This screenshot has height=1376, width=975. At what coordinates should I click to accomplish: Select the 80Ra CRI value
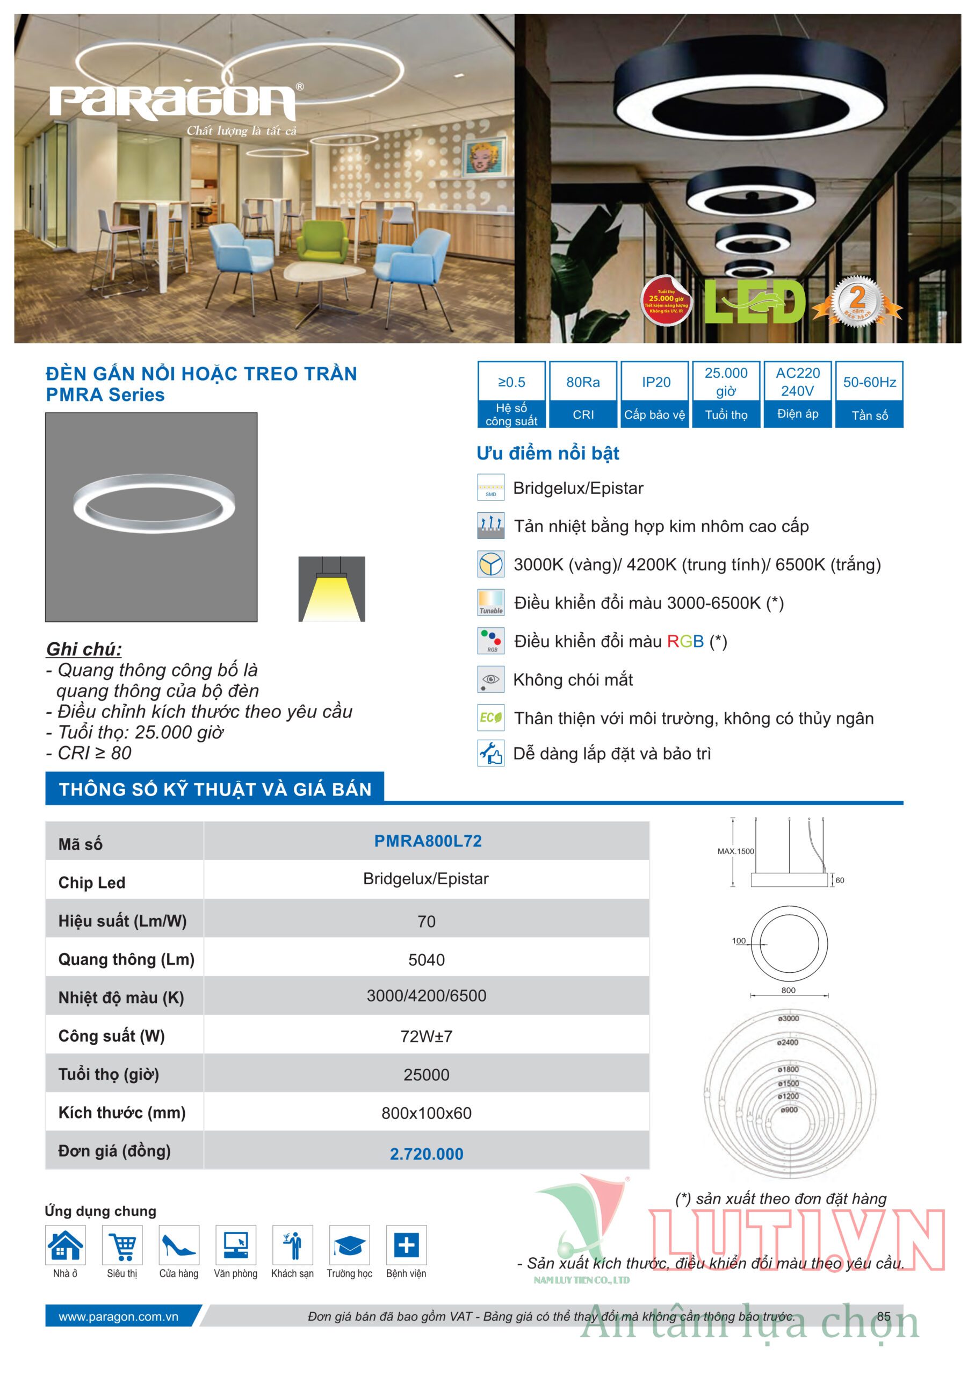pyautogui.click(x=582, y=382)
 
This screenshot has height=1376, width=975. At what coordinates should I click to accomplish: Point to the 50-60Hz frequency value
pyautogui.click(x=869, y=382)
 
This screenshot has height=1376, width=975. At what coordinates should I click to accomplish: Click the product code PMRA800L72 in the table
pyautogui.click(x=428, y=841)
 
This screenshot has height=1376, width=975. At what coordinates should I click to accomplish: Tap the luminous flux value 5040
pyautogui.click(x=427, y=960)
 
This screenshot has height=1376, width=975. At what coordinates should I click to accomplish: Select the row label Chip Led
pyautogui.click(x=92, y=882)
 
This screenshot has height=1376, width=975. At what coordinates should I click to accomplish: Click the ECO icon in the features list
pyautogui.click(x=490, y=718)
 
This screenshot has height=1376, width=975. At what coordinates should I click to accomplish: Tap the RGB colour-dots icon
pyautogui.click(x=490, y=641)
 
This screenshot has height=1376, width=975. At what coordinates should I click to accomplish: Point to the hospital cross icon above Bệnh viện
pyautogui.click(x=406, y=1244)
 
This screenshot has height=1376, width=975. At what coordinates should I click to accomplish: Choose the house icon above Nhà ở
pyautogui.click(x=66, y=1244)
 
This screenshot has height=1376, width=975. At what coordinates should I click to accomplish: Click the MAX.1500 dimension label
pyautogui.click(x=735, y=851)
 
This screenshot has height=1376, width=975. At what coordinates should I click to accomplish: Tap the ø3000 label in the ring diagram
pyautogui.click(x=788, y=1019)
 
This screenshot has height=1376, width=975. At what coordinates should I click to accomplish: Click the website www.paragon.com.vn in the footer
pyautogui.click(x=118, y=1317)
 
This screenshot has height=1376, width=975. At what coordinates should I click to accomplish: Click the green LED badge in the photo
pyautogui.click(x=755, y=302)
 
